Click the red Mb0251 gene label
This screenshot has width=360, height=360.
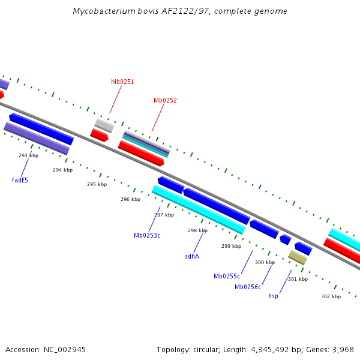(x=122, y=82)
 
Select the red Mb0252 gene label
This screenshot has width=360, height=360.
(x=165, y=101)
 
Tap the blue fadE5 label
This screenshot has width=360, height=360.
(x=20, y=180)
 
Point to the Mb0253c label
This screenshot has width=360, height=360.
(x=147, y=235)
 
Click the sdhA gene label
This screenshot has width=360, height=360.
(x=192, y=256)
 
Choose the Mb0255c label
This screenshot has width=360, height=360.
(x=227, y=276)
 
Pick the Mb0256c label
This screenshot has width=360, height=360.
(x=248, y=287)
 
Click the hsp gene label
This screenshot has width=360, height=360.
(x=273, y=296)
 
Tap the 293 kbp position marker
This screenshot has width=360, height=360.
(x=28, y=155)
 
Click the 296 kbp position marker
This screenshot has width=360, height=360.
(x=130, y=199)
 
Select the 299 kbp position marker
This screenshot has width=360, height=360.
(x=231, y=246)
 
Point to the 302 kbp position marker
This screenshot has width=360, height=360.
(x=331, y=296)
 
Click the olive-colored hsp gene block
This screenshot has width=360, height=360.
(x=297, y=257)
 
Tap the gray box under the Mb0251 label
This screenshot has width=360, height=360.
(x=104, y=125)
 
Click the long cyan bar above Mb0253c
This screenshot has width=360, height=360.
(x=199, y=209)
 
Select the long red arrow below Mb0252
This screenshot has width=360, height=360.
(x=141, y=153)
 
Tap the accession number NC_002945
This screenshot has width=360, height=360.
(x=64, y=349)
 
